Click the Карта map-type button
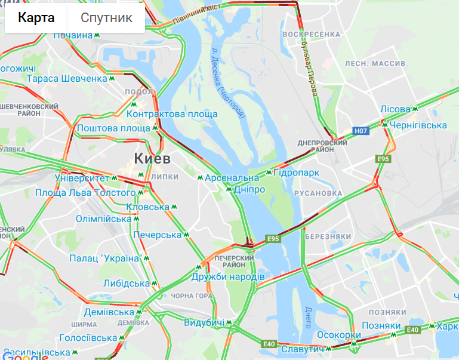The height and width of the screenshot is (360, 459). [x=36, y=18]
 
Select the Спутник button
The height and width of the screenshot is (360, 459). [x=106, y=18]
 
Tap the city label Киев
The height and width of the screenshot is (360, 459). [x=153, y=159]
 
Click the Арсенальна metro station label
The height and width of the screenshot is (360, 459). [x=232, y=178]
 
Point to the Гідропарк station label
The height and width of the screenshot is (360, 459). [x=296, y=173]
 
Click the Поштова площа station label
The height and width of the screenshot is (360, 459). [x=113, y=128]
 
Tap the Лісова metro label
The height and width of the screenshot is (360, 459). [x=396, y=109]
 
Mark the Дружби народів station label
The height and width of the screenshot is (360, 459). [x=228, y=278]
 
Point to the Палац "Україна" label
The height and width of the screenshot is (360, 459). [x=105, y=258]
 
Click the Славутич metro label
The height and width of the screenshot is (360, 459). [x=302, y=349]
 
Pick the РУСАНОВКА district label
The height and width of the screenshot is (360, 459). [x=318, y=193]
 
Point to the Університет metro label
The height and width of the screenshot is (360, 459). [x=82, y=178]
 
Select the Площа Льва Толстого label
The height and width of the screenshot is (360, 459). [x=85, y=193]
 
